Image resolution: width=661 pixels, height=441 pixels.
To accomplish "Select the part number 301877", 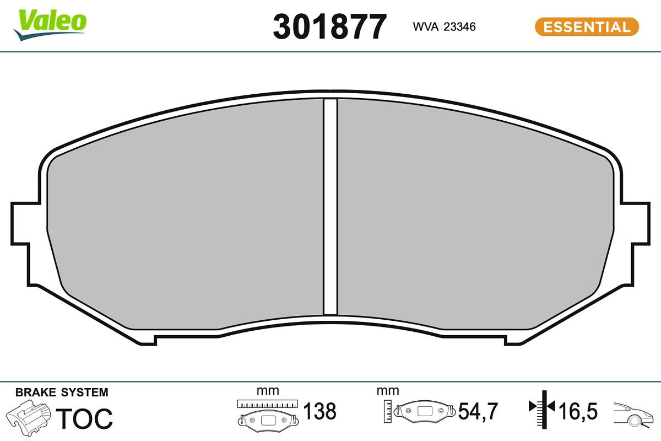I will (x=329, y=26).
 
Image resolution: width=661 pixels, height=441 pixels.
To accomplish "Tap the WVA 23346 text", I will (x=443, y=27).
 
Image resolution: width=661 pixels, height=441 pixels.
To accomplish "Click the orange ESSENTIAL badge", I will (x=586, y=27).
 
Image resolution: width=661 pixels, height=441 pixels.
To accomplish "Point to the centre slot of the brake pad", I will (x=329, y=207).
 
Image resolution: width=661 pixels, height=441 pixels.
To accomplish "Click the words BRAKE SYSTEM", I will (x=62, y=392).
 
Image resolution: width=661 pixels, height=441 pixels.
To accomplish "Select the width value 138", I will (x=320, y=411).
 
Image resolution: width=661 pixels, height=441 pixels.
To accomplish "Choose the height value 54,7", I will (x=478, y=411).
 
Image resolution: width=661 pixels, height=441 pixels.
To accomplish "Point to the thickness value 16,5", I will (x=578, y=411).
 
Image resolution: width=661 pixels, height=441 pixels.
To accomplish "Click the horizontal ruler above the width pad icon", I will (x=267, y=404).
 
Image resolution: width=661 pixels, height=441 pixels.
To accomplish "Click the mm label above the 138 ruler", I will (x=268, y=391).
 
